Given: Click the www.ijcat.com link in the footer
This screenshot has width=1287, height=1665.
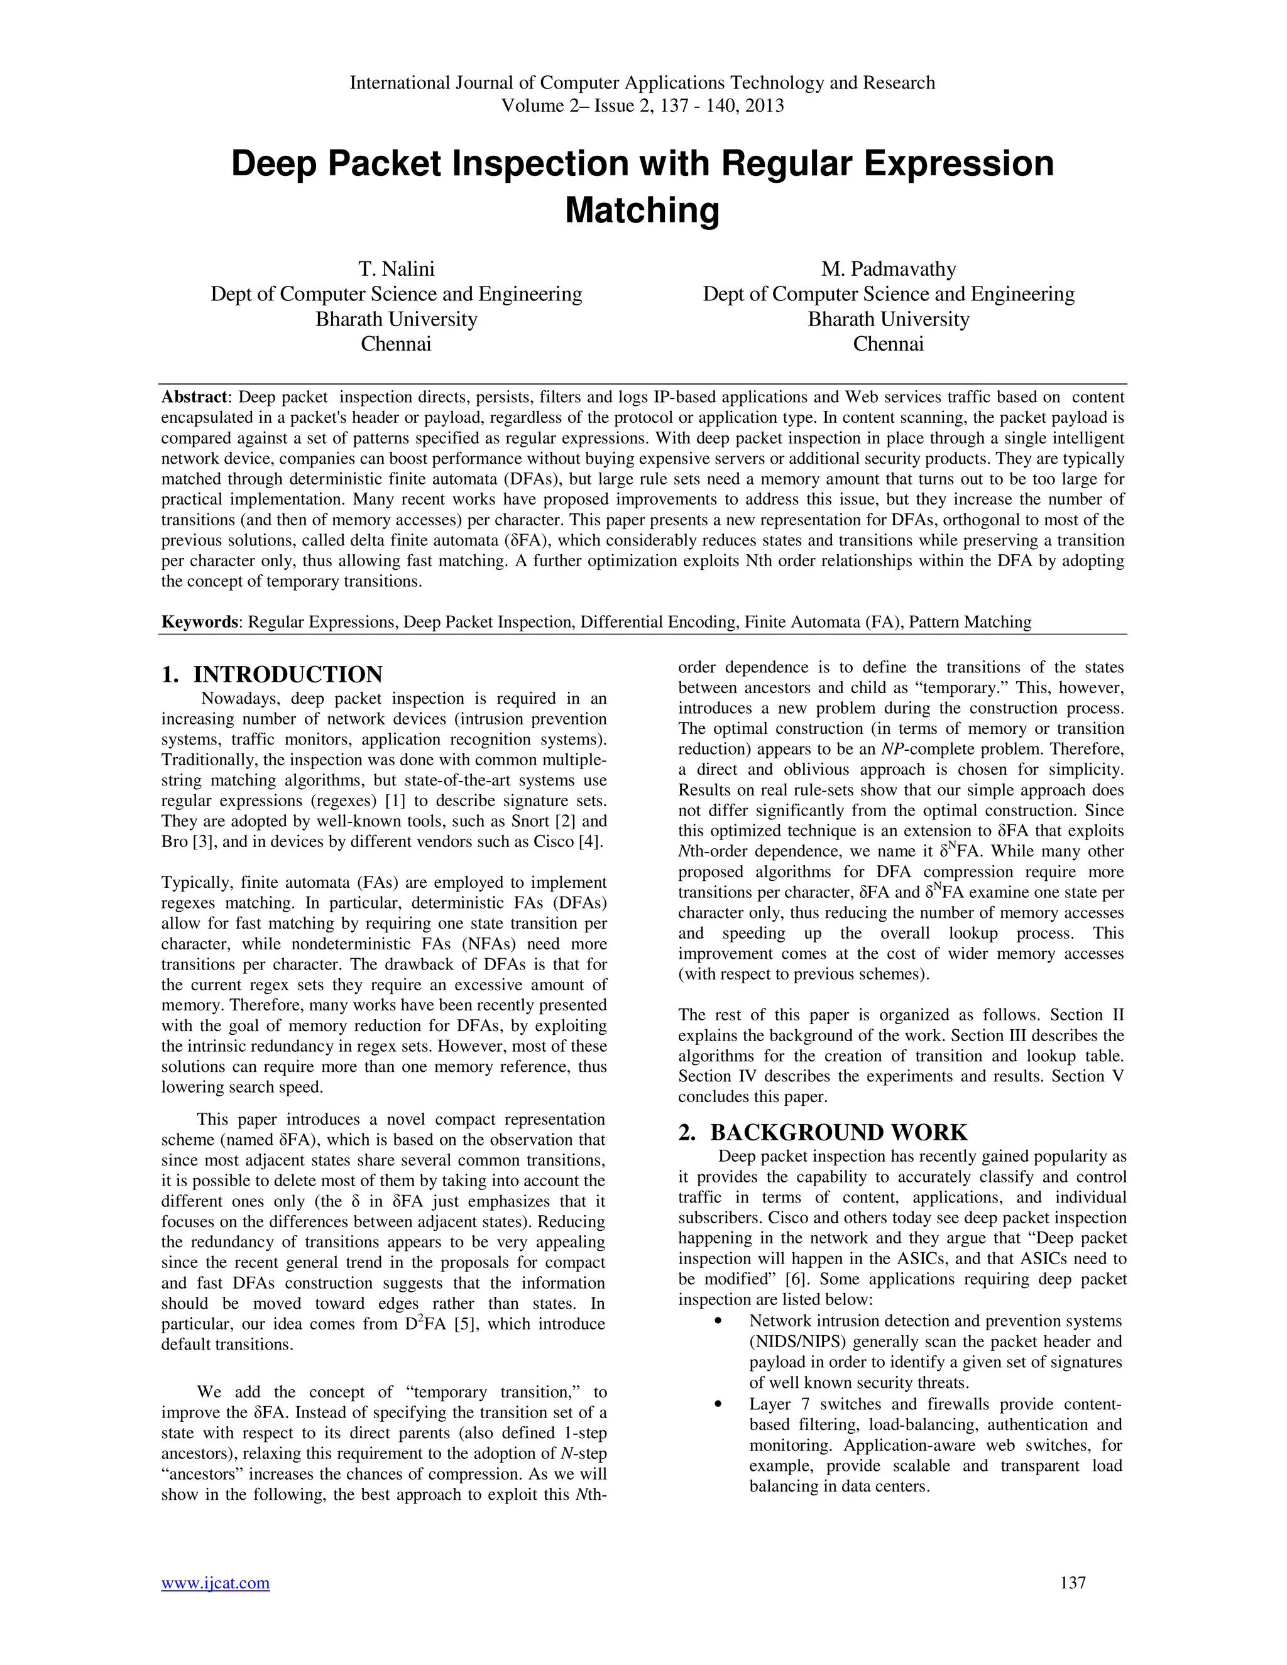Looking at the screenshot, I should [x=215, y=1583].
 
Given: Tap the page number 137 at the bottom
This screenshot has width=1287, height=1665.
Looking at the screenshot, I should [x=1072, y=1583].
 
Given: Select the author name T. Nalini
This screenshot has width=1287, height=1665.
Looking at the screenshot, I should [x=396, y=269].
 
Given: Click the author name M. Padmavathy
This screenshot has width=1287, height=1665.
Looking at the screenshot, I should [x=888, y=269].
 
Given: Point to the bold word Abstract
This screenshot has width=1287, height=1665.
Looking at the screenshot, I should [x=194, y=397].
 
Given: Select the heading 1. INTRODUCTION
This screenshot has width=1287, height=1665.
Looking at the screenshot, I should [x=271, y=675].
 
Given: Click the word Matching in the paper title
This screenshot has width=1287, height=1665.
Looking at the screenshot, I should [x=642, y=210].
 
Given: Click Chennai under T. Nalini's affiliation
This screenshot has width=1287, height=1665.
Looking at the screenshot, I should [x=396, y=344].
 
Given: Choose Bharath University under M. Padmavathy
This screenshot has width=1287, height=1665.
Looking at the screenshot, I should [x=888, y=319].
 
